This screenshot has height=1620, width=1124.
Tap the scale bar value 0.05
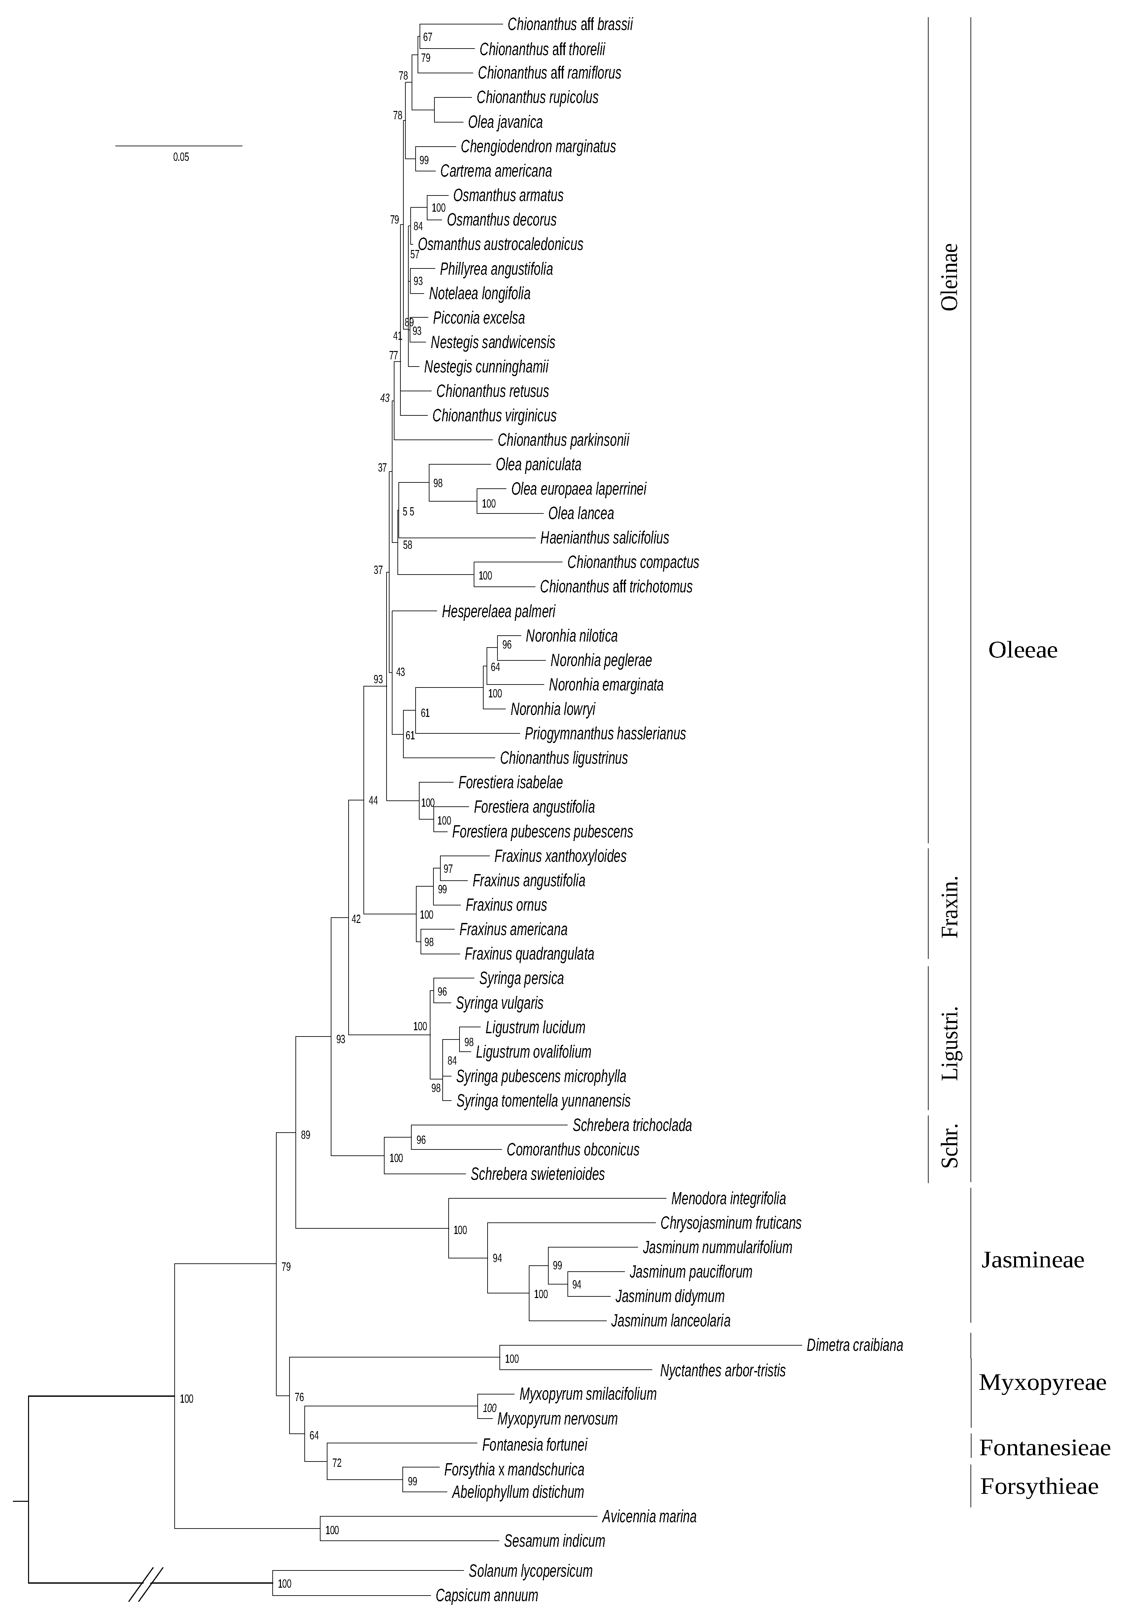pos(181,157)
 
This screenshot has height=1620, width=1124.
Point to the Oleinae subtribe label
pos(950,277)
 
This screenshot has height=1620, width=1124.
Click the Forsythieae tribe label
pos(1039,1486)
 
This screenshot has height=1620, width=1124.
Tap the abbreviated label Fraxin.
pos(950,906)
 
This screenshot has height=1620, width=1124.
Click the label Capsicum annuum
pos(487,1595)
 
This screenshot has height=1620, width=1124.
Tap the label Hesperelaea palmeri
pos(498,611)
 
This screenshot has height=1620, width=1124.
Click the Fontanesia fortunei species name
pos(534,1445)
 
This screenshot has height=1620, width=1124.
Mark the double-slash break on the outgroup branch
pos(146,1584)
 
